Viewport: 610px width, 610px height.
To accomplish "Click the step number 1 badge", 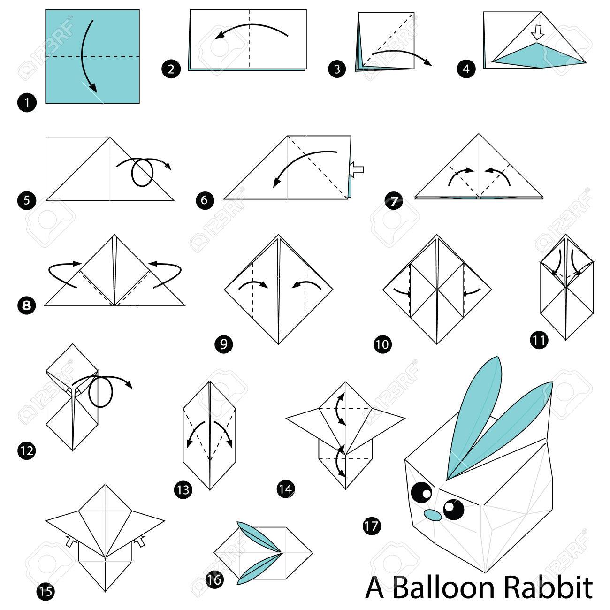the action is pyautogui.click(x=27, y=103).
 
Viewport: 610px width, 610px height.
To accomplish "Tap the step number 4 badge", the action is pyautogui.click(x=466, y=69).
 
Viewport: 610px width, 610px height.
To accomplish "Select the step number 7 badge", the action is pyautogui.click(x=394, y=201).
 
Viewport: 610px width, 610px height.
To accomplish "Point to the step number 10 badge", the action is pyautogui.click(x=382, y=344).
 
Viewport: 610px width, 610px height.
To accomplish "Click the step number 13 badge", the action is pyautogui.click(x=183, y=490).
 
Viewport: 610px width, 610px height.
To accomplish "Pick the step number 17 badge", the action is pyautogui.click(x=372, y=526).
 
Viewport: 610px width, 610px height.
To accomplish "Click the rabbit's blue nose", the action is pyautogui.click(x=433, y=515).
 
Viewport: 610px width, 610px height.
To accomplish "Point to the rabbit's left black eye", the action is pyautogui.click(x=422, y=492).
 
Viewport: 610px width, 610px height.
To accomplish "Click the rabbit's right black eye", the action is pyautogui.click(x=454, y=509).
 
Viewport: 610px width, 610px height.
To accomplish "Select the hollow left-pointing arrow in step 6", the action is pyautogui.click(x=357, y=170).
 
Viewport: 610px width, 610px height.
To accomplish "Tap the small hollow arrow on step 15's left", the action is pyautogui.click(x=70, y=541).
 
